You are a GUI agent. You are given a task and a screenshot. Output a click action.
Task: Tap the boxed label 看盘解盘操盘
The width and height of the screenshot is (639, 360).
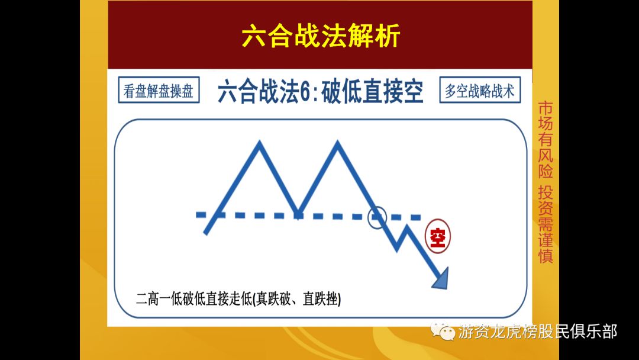158,91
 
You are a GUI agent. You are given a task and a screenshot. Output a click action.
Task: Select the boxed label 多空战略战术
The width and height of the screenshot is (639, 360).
480,91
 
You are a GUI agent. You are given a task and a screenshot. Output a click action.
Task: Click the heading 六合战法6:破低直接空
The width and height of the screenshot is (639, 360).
320,92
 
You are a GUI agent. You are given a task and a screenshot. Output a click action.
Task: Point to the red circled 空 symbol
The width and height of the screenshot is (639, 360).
438,237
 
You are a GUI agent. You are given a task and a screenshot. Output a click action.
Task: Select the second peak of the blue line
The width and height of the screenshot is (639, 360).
338,144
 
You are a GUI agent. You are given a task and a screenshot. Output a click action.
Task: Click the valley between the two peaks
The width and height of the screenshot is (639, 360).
299,213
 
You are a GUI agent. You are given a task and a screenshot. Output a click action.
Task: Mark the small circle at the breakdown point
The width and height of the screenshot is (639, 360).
377,217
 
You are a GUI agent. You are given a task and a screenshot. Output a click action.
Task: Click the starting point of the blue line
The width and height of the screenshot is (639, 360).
205,233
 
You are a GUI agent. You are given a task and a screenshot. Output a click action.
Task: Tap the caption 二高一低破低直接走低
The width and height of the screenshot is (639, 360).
193,299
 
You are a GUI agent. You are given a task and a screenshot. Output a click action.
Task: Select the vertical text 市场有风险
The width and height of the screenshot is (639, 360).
545,140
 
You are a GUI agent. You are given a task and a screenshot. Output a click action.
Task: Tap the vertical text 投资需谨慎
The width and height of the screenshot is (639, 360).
545,225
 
